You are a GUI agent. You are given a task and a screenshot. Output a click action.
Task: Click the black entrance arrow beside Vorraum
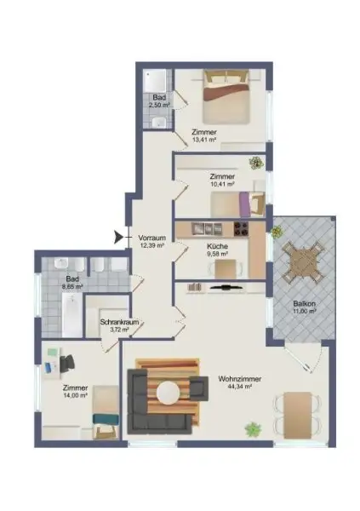click(118, 237)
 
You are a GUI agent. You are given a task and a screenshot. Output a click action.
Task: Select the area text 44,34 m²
click(239, 389)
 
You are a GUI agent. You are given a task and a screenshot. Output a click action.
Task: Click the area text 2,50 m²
click(159, 106)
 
